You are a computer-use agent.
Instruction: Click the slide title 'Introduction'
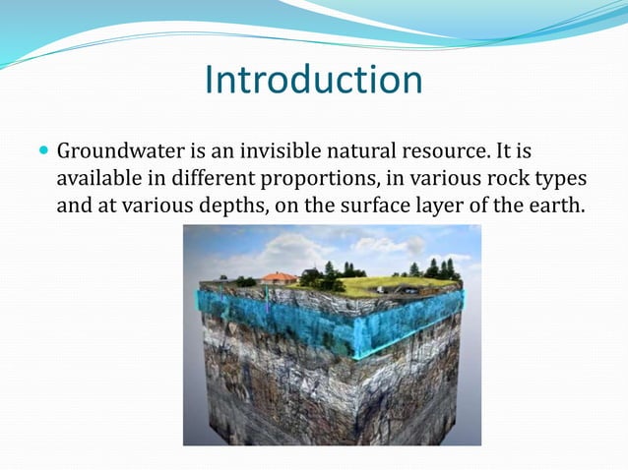pyautogui.click(x=313, y=80)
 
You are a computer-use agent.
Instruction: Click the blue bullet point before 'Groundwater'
pyautogui.click(x=42, y=152)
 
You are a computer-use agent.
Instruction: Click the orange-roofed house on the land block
pyautogui.click(x=279, y=278)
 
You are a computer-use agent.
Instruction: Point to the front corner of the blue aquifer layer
pyautogui.click(x=355, y=339)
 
